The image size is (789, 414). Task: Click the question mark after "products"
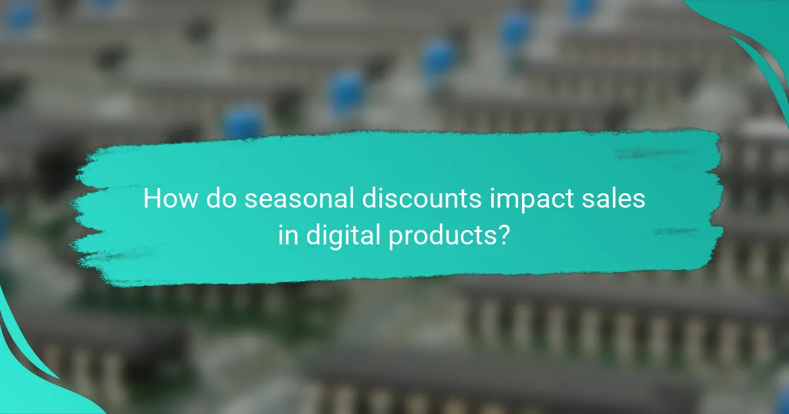pyautogui.click(x=502, y=235)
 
